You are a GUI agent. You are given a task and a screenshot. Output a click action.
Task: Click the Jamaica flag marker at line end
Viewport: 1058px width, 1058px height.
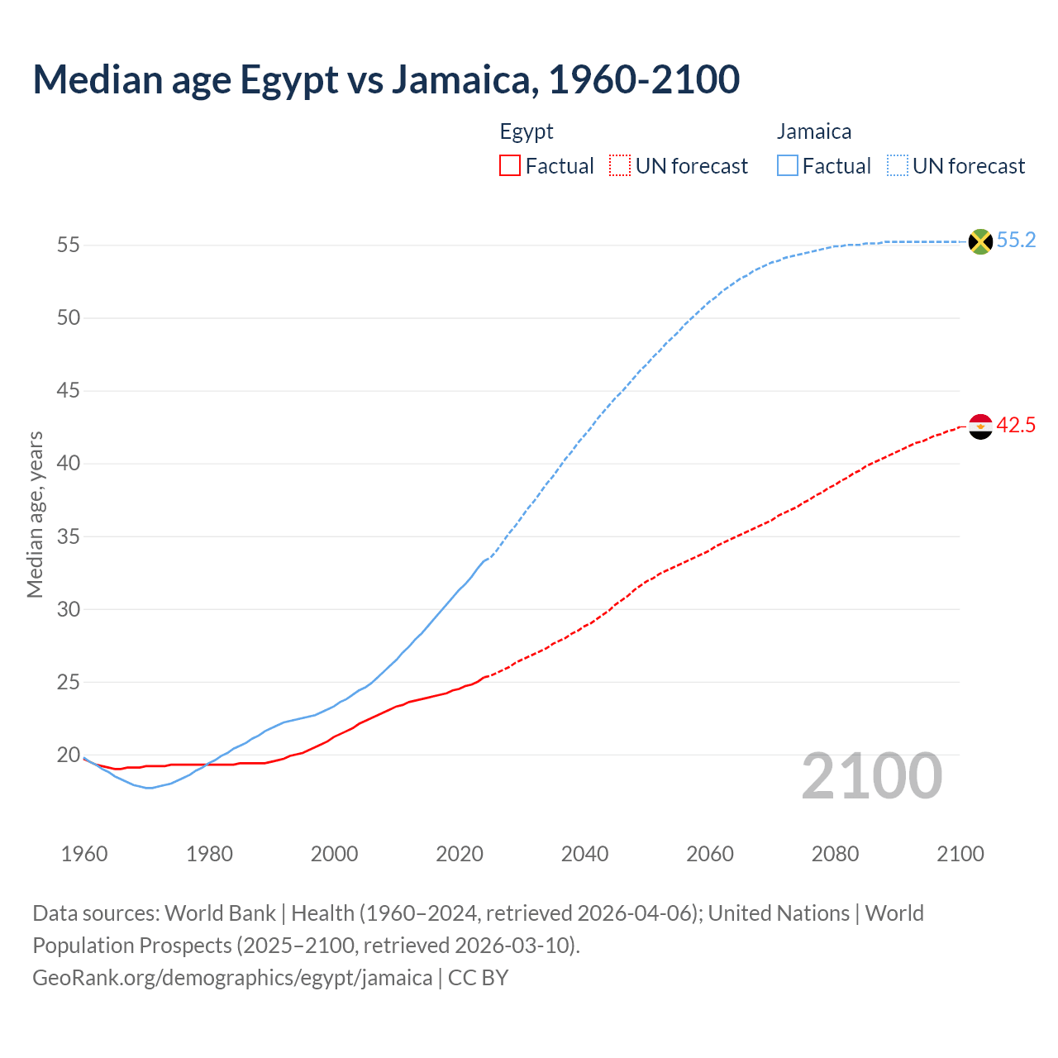980,241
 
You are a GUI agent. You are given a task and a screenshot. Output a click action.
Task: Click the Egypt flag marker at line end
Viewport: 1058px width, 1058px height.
980,427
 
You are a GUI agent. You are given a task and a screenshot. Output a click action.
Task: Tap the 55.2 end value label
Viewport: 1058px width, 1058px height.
1016,241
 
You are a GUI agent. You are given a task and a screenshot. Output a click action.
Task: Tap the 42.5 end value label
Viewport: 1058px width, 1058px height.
1016,426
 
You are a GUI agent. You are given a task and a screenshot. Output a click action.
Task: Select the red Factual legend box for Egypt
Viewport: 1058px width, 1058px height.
510,166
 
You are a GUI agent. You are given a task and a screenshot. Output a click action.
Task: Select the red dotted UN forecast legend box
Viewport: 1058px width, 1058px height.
620,166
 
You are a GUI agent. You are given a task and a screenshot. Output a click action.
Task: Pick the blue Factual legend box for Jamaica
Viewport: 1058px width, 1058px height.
788,166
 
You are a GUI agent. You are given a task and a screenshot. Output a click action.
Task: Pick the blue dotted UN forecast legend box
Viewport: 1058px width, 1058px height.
898,166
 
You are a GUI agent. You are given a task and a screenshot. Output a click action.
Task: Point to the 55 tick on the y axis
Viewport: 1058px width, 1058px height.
68,245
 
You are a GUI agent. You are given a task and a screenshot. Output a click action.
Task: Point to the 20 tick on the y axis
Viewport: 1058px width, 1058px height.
68,755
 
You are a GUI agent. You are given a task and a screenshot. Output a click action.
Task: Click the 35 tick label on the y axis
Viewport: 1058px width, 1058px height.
68,536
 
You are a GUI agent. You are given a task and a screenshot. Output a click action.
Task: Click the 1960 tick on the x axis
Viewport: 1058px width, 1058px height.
84,854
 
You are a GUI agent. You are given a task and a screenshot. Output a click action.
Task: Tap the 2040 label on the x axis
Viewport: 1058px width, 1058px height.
584,854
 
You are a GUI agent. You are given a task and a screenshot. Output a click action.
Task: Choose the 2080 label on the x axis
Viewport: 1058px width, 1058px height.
835,854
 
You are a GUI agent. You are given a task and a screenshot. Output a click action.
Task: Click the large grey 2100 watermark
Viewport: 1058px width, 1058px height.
872,776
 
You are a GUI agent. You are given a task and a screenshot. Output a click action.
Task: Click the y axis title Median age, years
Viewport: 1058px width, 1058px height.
35,514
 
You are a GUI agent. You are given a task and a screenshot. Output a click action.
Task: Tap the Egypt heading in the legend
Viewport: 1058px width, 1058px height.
527,131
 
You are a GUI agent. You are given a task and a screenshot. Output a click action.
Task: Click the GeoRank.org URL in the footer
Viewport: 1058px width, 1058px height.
232,978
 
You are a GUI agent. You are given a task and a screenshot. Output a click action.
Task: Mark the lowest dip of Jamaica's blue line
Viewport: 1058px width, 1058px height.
149,788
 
